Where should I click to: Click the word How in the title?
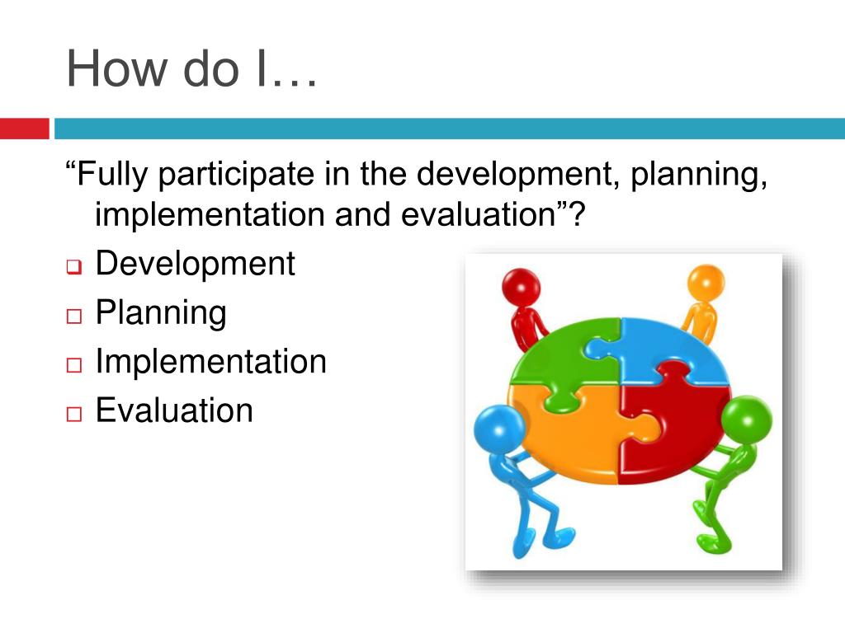pyautogui.click(x=116, y=68)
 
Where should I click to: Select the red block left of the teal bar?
pyautogui.click(x=24, y=129)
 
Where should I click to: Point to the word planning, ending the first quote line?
pyautogui.click(x=698, y=175)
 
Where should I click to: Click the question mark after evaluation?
pyautogui.click(x=576, y=214)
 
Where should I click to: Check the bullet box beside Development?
pyautogui.click(x=73, y=266)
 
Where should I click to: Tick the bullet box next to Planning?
pyautogui.click(x=73, y=316)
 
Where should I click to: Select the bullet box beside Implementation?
pyautogui.click(x=73, y=365)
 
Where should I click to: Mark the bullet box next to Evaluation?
pyautogui.click(x=73, y=414)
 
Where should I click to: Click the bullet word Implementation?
pyautogui.click(x=210, y=361)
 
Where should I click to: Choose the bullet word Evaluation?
pyautogui.click(x=174, y=410)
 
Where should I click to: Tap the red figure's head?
pyautogui.click(x=522, y=287)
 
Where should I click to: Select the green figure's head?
pyautogui.click(x=746, y=420)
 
